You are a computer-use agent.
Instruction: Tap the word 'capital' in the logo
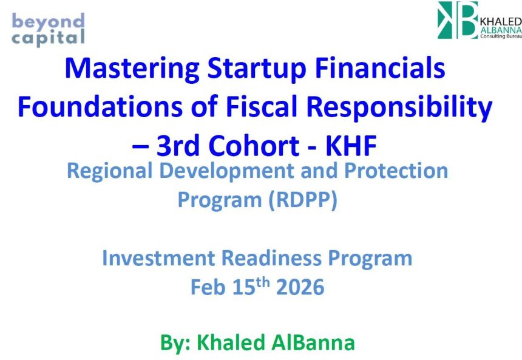pos(48,38)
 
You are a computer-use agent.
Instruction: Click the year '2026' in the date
pos(300,287)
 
